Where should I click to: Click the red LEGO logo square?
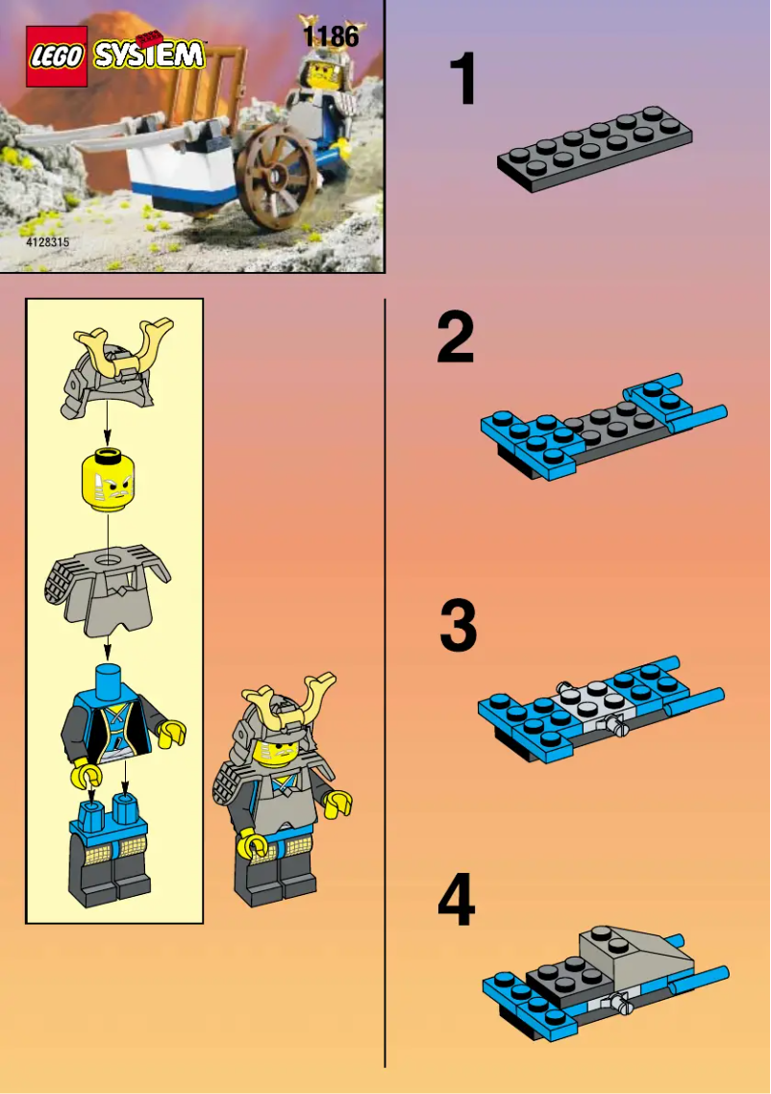[x=57, y=57]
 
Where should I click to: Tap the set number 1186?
[x=330, y=37]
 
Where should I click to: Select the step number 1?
[x=463, y=81]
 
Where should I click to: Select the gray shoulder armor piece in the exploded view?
[x=107, y=589]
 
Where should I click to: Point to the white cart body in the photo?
[x=183, y=167]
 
